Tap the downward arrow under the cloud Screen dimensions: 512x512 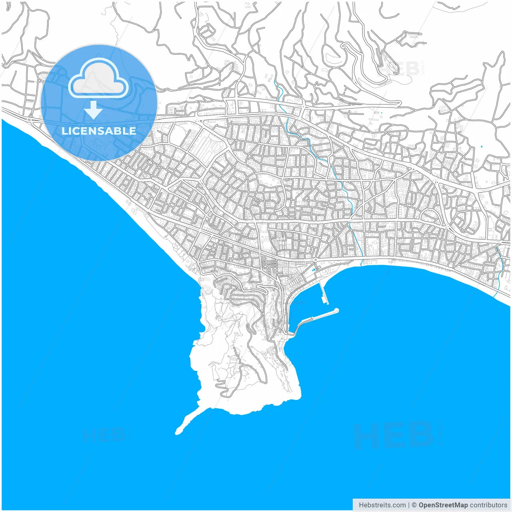coord(94,110)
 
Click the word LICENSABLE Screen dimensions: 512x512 coord(99,131)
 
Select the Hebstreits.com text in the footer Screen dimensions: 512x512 coord(382,505)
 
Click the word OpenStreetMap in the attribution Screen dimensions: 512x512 coord(443,505)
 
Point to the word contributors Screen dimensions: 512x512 coord(488,505)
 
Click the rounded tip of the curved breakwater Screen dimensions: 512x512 coord(336,310)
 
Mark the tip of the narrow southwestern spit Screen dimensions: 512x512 coord(177,432)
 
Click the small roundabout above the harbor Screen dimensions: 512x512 coord(316,261)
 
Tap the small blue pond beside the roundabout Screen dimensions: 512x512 coord(314,270)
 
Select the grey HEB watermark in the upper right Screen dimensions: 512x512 coord(400,69)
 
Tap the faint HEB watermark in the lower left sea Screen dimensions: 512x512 coord(105,435)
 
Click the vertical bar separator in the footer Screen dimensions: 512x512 coord(409,505)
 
